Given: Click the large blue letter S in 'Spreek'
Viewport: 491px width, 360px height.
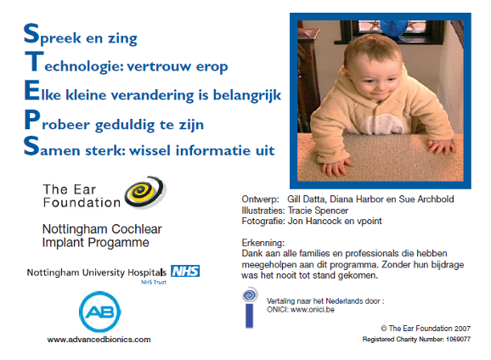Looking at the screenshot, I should click(31, 35).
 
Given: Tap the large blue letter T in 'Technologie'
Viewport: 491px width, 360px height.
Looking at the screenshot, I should click(31, 63).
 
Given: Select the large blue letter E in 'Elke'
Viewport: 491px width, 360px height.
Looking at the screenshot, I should click(31, 92).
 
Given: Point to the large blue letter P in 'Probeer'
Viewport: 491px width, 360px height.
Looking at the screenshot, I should click(31, 121).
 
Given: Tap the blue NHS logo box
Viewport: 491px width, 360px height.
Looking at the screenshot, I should click(184, 272).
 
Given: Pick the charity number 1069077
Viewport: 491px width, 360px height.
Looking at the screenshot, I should click(455, 339).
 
